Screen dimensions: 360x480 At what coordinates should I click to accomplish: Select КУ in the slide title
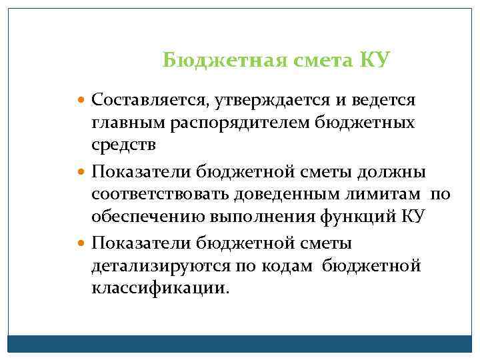click(x=374, y=61)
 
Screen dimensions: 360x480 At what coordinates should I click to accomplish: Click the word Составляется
click(x=149, y=101)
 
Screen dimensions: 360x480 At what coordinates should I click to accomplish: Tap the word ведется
click(x=383, y=101)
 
